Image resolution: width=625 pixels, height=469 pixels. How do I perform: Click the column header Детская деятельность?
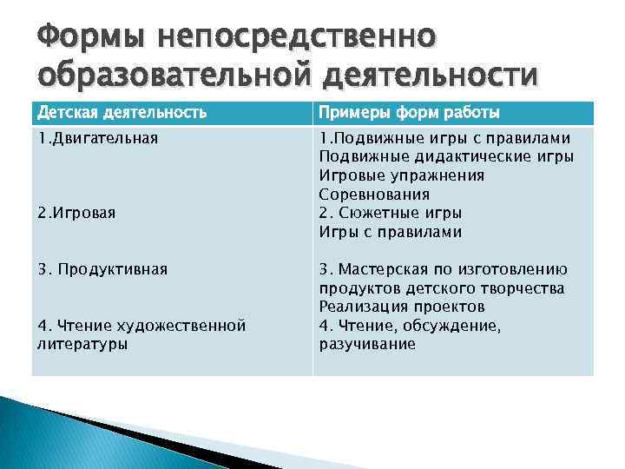click(x=122, y=112)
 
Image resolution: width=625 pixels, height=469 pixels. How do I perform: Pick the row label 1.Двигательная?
click(x=97, y=137)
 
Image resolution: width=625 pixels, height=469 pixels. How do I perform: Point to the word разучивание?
click(x=367, y=344)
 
